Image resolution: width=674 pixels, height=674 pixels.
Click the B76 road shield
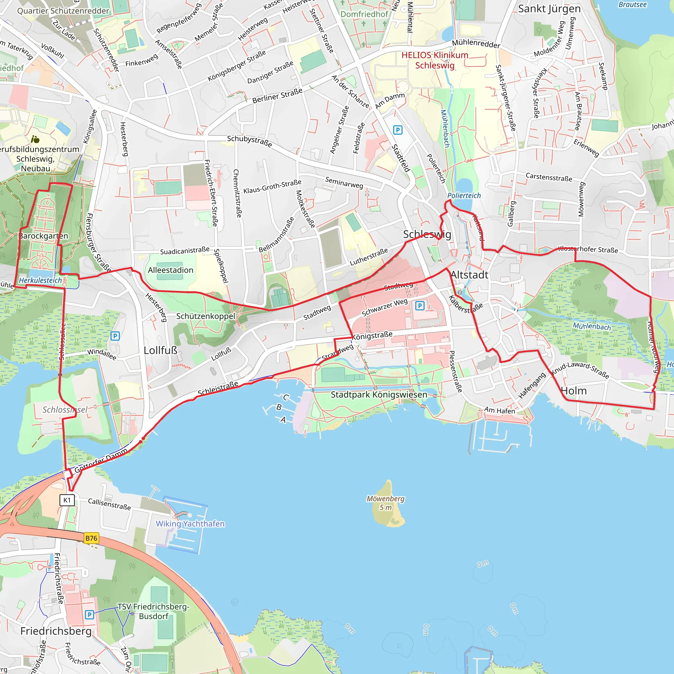[x=91, y=538]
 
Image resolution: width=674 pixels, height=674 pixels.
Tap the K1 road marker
[x=67, y=500]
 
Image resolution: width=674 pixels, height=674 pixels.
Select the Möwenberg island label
[x=385, y=503]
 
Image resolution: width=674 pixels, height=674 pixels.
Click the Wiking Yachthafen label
[x=190, y=524]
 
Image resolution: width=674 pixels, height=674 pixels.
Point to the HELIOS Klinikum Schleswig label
[x=435, y=60]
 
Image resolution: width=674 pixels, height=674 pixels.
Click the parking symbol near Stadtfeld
[x=398, y=130]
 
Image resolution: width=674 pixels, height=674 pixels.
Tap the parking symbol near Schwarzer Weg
[x=420, y=306]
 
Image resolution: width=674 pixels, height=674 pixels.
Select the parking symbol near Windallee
[x=115, y=336]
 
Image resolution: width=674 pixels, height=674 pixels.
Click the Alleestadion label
[x=170, y=270]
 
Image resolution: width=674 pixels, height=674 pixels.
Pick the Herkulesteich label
[x=40, y=280]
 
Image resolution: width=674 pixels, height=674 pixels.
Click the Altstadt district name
[x=469, y=275]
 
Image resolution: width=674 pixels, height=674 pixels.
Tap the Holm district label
[x=574, y=391]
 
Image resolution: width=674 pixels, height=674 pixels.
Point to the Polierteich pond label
[x=464, y=196]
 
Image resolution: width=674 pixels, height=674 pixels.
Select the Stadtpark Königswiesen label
[x=379, y=395]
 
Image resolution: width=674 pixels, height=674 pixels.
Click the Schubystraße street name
[x=249, y=141]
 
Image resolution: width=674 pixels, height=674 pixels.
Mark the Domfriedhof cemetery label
[x=364, y=14]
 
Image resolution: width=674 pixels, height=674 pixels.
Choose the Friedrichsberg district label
[x=56, y=631]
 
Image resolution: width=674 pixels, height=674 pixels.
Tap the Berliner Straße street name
[x=277, y=95]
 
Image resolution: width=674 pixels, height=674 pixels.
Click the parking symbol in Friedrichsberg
[x=89, y=615]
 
